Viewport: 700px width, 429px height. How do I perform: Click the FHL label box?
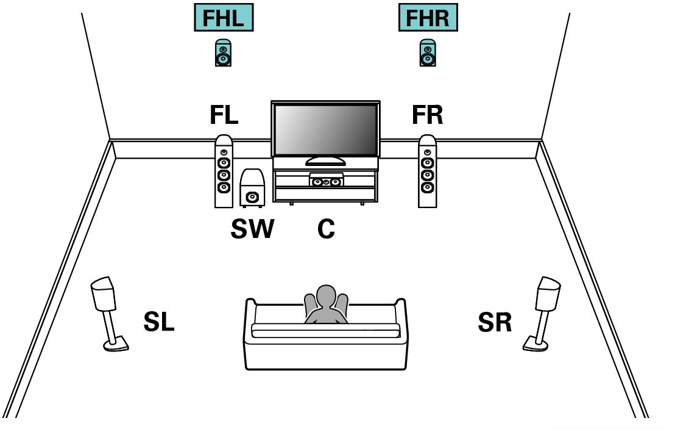click(223, 18)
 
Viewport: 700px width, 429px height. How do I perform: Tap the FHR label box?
click(428, 18)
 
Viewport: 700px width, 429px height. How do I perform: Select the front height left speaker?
click(223, 53)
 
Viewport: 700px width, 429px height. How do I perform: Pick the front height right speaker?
click(428, 53)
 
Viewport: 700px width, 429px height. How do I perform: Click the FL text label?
click(224, 115)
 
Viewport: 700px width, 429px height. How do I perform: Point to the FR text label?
click(427, 115)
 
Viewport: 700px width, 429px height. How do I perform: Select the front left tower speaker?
click(224, 171)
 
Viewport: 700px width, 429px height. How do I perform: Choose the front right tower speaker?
click(428, 171)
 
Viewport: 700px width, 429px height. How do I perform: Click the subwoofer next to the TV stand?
click(252, 189)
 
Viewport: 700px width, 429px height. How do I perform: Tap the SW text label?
click(252, 229)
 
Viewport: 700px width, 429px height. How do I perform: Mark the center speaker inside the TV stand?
click(326, 181)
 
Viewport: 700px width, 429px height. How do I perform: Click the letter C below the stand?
click(326, 229)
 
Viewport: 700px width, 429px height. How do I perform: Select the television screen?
click(325, 130)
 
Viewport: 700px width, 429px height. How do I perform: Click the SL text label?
click(158, 323)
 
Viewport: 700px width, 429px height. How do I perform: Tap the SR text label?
click(495, 323)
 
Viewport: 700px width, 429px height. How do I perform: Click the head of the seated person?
click(326, 295)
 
